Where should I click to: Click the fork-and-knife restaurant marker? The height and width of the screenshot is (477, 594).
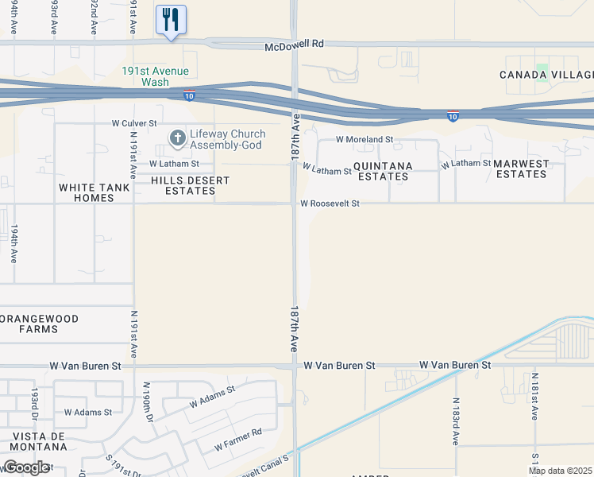tap(172, 19)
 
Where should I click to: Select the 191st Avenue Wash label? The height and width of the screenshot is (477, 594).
tap(155, 76)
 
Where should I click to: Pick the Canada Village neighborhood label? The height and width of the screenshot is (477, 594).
tap(546, 75)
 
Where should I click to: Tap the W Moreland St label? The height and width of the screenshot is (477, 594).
tap(364, 139)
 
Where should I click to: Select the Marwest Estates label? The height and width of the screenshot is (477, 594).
tap(521, 169)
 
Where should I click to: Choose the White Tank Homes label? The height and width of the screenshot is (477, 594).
tap(87, 192)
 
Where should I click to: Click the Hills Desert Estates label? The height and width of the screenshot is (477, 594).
tap(191, 186)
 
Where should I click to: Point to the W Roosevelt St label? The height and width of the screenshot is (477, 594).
tap(330, 204)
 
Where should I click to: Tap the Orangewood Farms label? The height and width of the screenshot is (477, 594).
tap(40, 324)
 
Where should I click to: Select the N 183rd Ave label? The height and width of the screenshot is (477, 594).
tap(457, 421)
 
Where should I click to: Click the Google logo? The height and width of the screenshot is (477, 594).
tap(25, 467)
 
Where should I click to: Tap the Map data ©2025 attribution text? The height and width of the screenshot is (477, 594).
tap(561, 471)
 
